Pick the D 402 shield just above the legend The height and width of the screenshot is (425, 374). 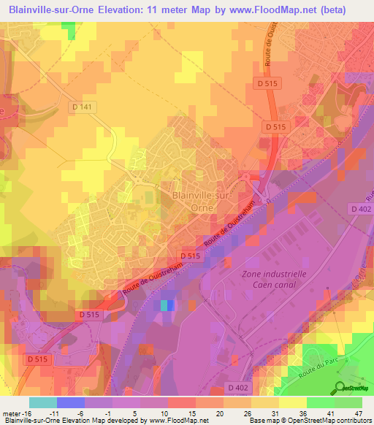(x=238, y=387)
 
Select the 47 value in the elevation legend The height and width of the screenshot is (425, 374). (x=358, y=413)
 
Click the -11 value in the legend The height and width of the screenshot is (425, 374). (x=53, y=413)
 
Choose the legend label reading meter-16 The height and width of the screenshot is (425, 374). (x=15, y=413)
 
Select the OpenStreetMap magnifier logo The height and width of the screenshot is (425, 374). (x=339, y=385)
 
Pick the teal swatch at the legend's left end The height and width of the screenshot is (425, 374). (x=42, y=402)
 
